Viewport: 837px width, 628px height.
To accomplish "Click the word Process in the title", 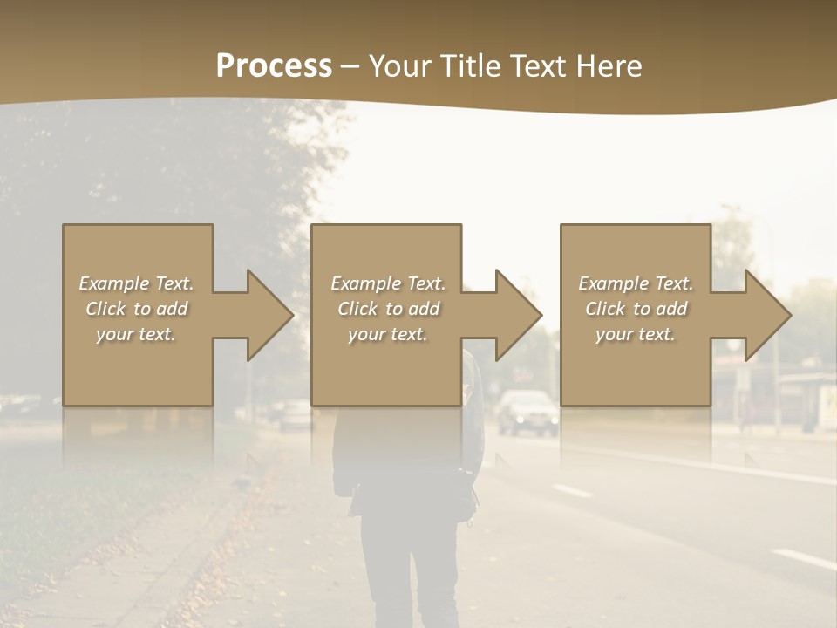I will pos(274,66).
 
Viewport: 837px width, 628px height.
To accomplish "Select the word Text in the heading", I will pos(539,66).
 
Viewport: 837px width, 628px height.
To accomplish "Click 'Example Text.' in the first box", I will pos(137,283).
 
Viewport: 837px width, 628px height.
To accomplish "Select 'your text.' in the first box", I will pos(137,334).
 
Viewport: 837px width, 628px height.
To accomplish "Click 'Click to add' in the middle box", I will pos(388,309).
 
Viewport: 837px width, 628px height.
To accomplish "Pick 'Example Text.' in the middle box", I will pos(388,283).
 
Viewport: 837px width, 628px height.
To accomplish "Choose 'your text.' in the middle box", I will pos(388,334).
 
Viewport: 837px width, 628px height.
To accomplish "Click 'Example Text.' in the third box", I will pos(636,283).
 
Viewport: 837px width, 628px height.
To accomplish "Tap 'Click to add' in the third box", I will pos(636,309).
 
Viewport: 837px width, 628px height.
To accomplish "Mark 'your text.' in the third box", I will pos(636,334).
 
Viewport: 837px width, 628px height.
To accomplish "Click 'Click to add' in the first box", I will pos(137,309).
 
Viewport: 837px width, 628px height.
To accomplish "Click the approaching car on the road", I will pos(527,412).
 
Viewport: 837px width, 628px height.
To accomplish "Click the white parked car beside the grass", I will pos(295,414).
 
